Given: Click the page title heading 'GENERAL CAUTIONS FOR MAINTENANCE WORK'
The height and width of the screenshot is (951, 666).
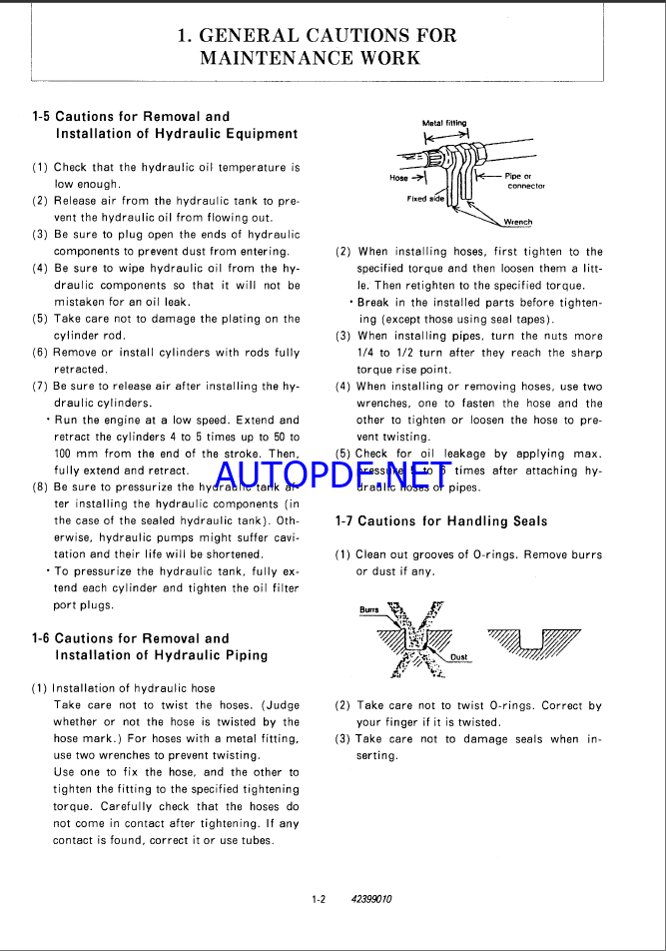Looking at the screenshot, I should click(x=317, y=46).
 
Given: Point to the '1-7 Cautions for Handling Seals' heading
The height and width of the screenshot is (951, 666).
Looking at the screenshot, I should click(x=441, y=521).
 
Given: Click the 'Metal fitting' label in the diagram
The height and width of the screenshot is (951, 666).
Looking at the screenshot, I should click(x=444, y=124).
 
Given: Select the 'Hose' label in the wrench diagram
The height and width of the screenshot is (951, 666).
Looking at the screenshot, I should click(x=398, y=178).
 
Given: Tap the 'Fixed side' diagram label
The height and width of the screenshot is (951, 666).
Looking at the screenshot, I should click(x=425, y=199).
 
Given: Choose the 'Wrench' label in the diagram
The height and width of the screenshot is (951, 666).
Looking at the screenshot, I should click(x=517, y=222).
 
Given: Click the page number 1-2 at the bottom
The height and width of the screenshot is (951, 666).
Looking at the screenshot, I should click(x=319, y=899).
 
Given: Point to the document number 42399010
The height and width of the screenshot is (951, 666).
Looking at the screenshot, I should click(x=371, y=899).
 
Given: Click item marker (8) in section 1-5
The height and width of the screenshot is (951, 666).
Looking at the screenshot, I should click(x=40, y=487).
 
